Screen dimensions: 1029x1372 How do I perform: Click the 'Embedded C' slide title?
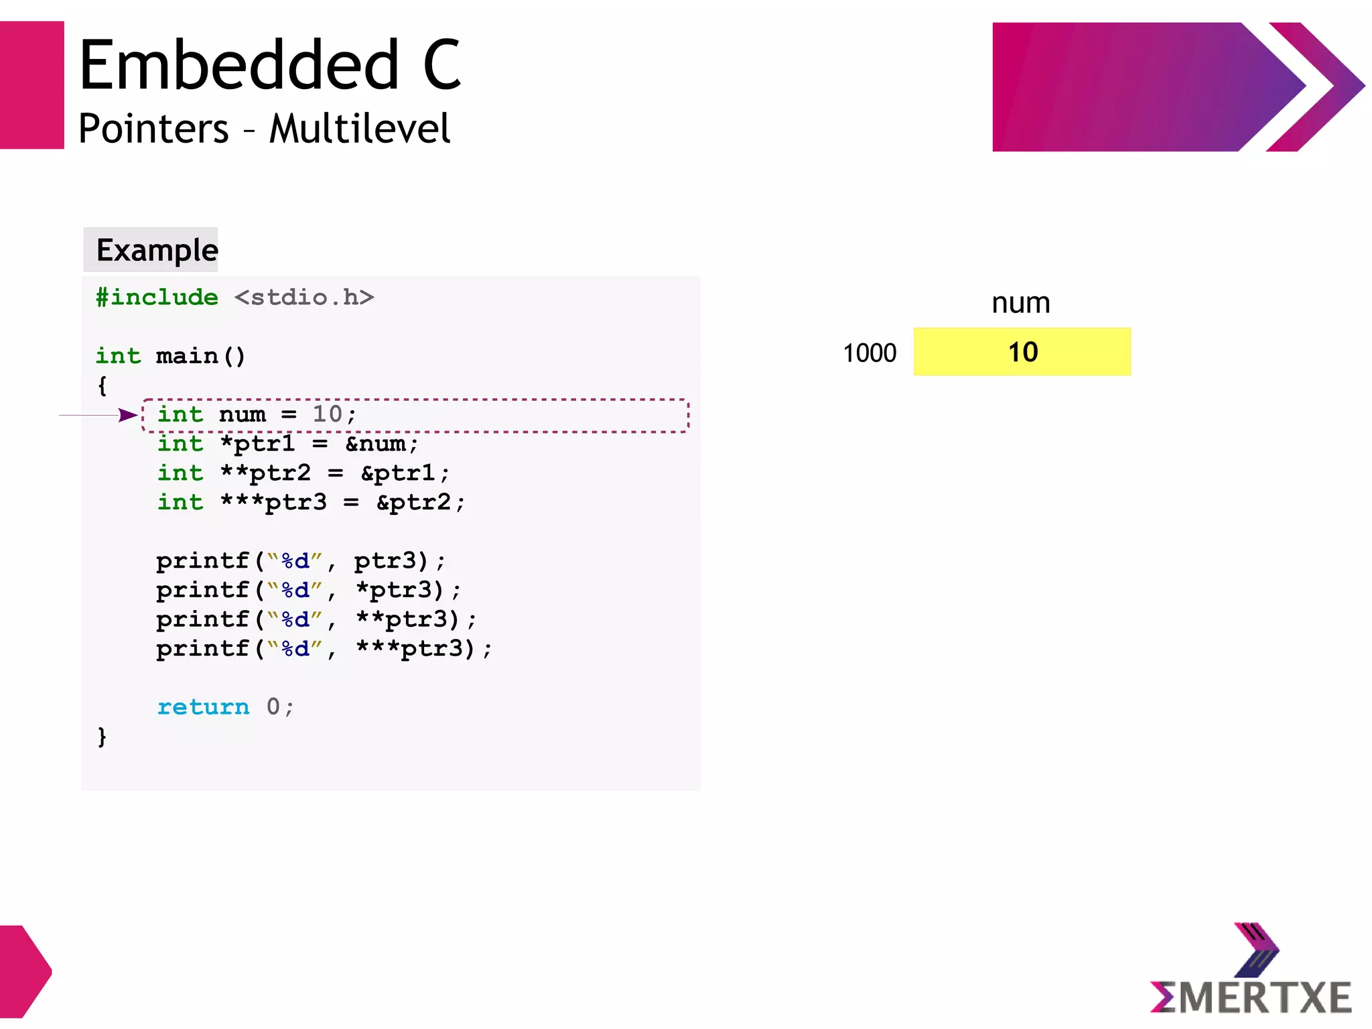click(270, 65)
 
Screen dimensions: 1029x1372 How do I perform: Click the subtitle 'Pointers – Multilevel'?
click(264, 129)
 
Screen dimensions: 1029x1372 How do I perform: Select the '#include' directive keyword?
click(157, 297)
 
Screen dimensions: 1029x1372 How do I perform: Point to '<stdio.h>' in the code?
click(304, 297)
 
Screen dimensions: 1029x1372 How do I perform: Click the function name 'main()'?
click(200, 355)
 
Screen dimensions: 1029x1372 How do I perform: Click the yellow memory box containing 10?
click(1022, 352)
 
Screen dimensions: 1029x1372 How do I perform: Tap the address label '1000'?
click(869, 353)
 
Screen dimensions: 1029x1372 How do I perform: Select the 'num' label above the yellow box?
click(1020, 303)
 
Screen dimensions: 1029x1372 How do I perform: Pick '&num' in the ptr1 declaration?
click(381, 444)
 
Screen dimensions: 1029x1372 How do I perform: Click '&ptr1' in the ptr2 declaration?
click(404, 473)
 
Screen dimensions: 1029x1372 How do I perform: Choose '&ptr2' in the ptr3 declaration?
click(419, 502)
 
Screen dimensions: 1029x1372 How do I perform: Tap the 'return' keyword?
click(203, 707)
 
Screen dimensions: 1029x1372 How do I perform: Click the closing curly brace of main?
click(102, 736)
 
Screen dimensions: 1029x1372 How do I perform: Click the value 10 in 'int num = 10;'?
click(327, 414)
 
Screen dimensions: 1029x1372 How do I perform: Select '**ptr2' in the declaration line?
click(266, 473)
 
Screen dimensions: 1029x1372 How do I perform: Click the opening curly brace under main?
click(102, 385)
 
